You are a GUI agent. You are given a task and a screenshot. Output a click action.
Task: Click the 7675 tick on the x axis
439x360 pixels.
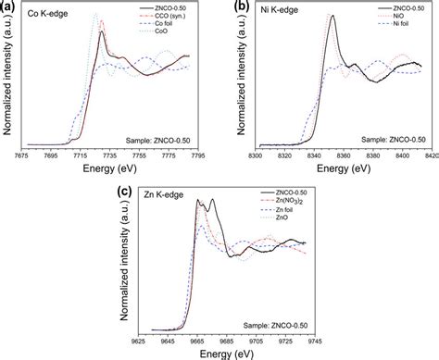[28, 155]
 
